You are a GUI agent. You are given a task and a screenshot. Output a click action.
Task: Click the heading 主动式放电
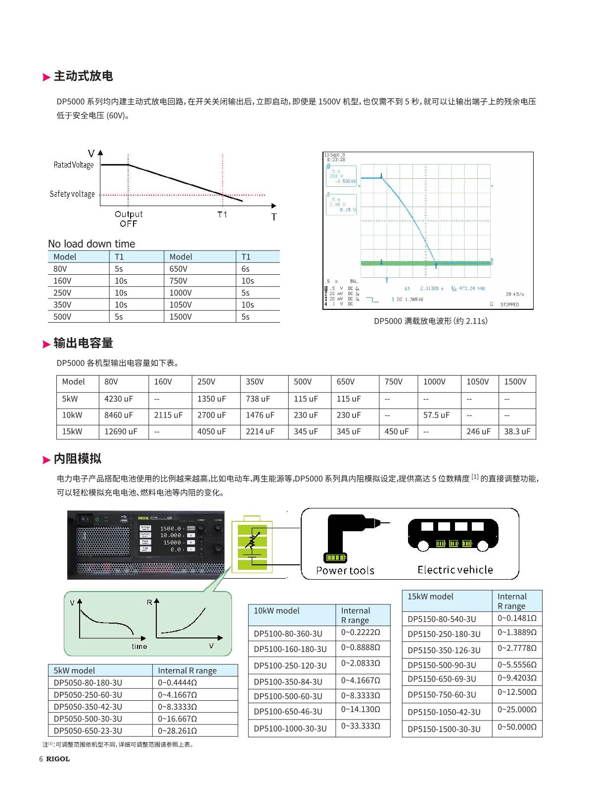click(83, 76)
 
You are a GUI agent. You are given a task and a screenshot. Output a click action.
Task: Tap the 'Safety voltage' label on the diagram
click(72, 194)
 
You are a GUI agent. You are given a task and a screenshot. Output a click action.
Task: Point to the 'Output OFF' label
click(129, 218)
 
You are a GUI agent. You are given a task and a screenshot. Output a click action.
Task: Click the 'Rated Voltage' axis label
click(74, 165)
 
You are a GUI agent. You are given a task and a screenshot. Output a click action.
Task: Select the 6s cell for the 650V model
click(245, 269)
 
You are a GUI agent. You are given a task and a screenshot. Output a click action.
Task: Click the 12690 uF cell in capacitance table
click(121, 431)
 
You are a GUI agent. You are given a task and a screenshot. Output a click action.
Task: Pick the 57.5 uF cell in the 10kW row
click(436, 415)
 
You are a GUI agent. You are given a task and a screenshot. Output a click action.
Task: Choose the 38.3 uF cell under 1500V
click(517, 431)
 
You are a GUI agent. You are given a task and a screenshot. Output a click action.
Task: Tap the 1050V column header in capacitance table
click(477, 381)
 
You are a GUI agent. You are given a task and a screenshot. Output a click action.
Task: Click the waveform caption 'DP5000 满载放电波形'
click(430, 321)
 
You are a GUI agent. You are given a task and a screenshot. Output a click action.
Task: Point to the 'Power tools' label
click(345, 571)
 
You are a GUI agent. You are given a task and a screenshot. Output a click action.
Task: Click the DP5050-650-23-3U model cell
click(88, 731)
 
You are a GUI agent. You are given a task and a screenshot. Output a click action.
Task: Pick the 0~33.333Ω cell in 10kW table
click(361, 726)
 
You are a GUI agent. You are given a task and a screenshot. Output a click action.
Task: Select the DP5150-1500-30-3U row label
click(444, 729)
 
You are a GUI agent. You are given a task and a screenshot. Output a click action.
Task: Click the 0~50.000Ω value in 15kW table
click(517, 727)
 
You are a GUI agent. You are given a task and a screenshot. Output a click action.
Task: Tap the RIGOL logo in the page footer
click(58, 759)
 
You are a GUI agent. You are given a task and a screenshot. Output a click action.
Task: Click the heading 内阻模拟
click(77, 459)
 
